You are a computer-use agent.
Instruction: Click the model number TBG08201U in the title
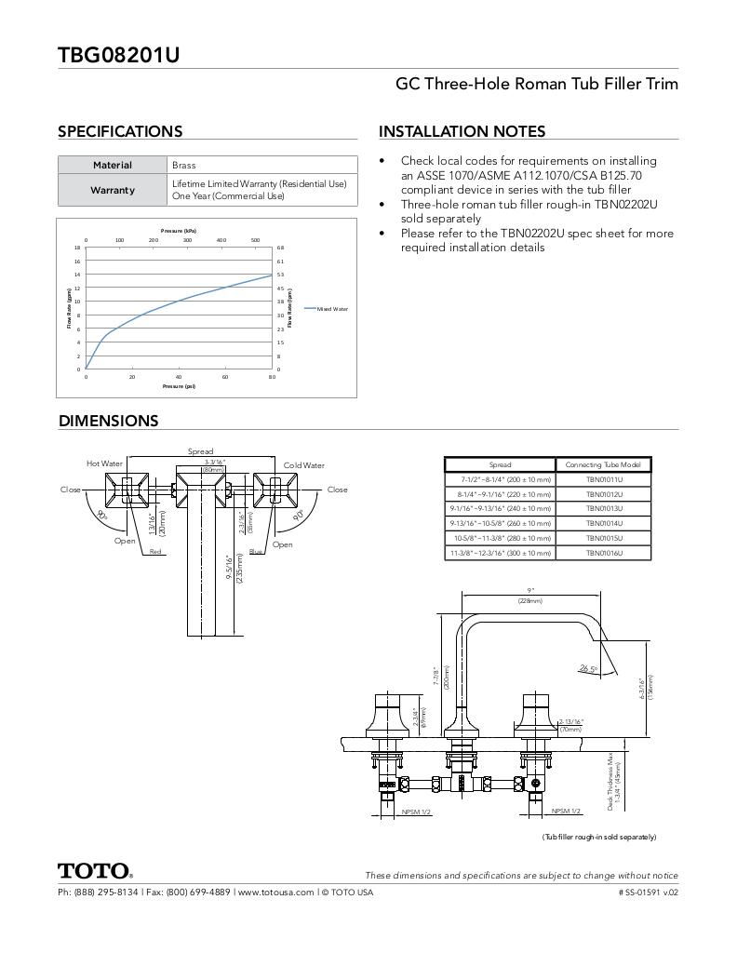click(118, 55)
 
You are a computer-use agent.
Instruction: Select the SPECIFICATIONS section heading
click(120, 131)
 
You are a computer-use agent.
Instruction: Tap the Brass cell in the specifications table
click(184, 165)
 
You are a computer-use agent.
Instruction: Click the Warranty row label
click(113, 190)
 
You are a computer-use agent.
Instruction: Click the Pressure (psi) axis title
click(179, 385)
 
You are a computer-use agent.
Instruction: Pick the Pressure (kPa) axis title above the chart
click(179, 230)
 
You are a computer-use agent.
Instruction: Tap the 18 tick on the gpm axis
click(77, 248)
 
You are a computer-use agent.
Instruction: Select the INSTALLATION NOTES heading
click(462, 131)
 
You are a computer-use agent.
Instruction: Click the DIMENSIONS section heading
click(108, 421)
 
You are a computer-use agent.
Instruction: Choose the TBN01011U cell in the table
click(604, 479)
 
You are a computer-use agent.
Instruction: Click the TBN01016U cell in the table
click(604, 553)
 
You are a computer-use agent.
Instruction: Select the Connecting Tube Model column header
click(604, 464)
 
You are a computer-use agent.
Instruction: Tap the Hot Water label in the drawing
click(104, 463)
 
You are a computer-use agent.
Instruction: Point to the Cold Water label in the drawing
click(304, 465)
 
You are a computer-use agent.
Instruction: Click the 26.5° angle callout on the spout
click(587, 668)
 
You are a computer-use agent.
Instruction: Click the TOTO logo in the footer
click(95, 871)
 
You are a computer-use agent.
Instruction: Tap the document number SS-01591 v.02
click(648, 892)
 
